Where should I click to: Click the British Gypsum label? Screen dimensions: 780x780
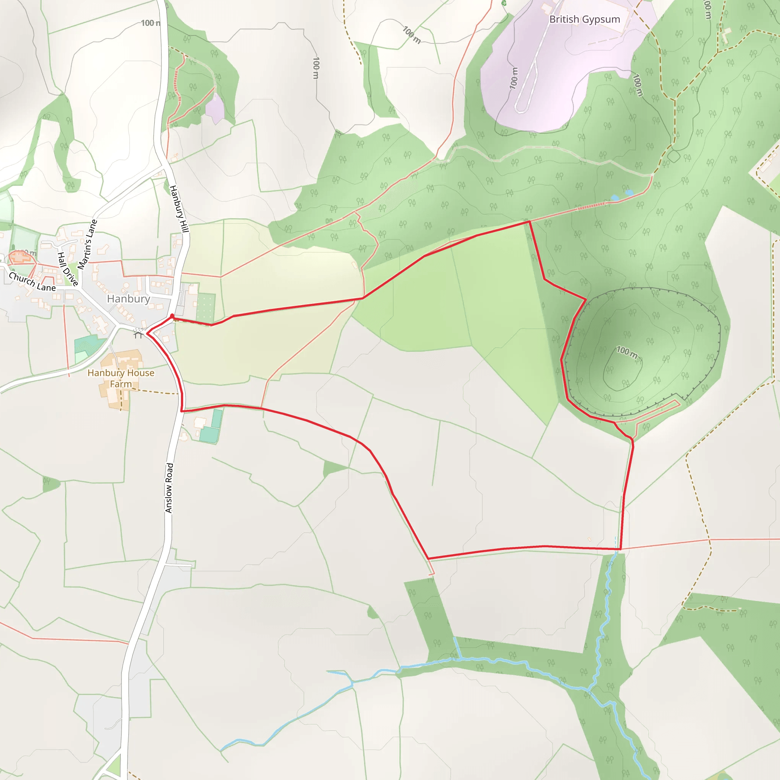click(584, 19)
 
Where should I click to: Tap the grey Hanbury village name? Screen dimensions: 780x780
click(128, 299)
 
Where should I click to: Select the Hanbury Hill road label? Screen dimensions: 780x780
click(179, 209)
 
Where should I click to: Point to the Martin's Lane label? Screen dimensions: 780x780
click(88, 245)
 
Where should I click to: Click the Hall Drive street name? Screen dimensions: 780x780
click(67, 269)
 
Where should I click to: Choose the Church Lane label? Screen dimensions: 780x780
click(32, 282)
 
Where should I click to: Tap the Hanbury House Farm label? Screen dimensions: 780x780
click(121, 378)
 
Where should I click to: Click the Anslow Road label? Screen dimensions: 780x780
click(169, 488)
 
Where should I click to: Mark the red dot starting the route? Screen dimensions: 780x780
click(173, 316)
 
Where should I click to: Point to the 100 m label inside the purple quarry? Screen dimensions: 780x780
click(513, 78)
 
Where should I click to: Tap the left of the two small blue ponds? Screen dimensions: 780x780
click(615, 198)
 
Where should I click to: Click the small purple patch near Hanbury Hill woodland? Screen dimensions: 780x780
click(215, 108)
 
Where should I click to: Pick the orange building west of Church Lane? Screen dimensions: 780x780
click(19, 257)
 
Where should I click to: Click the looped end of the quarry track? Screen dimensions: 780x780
click(520, 108)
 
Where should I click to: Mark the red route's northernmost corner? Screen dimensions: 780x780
click(529, 222)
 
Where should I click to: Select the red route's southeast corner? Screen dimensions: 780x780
click(620, 549)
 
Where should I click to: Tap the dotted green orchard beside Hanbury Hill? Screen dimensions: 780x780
click(206, 307)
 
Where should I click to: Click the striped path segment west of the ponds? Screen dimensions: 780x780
click(591, 206)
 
